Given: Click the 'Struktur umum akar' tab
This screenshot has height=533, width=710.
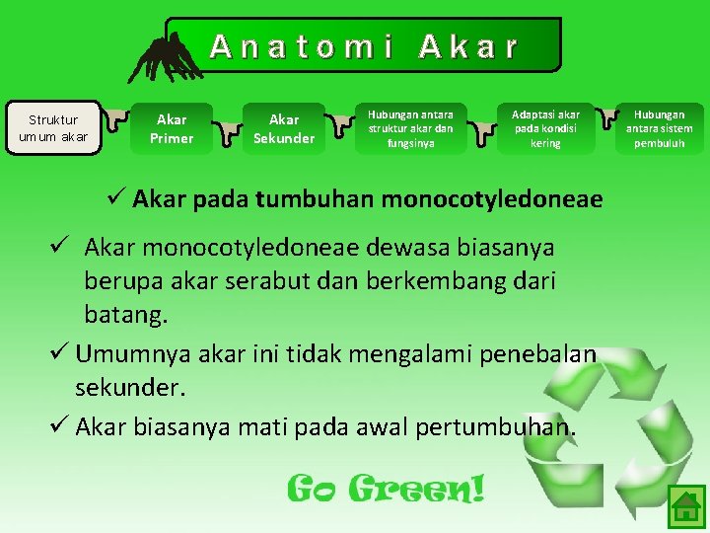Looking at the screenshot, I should tap(53, 128).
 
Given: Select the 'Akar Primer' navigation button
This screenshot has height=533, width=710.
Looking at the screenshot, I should tap(172, 128).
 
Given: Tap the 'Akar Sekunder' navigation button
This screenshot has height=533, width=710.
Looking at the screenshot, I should tap(284, 128).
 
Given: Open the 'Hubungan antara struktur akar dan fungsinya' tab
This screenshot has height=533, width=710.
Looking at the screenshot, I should tap(411, 128).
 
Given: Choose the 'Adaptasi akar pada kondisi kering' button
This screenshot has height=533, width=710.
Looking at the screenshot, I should tap(545, 128).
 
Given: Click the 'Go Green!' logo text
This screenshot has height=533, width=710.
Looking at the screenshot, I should tap(386, 487).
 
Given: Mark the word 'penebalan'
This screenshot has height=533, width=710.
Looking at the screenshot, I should tap(542, 352).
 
